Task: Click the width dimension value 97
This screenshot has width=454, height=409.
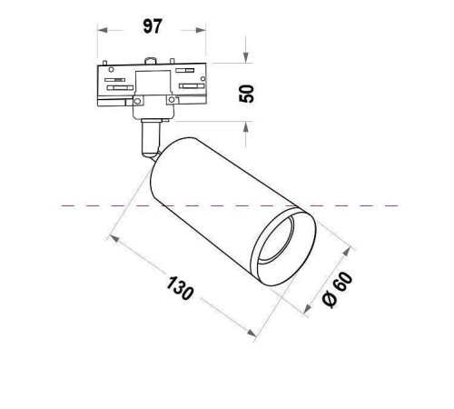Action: click(153, 26)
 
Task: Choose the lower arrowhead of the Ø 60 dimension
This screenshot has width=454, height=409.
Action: click(306, 309)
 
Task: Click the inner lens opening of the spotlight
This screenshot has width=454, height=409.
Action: click(286, 243)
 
